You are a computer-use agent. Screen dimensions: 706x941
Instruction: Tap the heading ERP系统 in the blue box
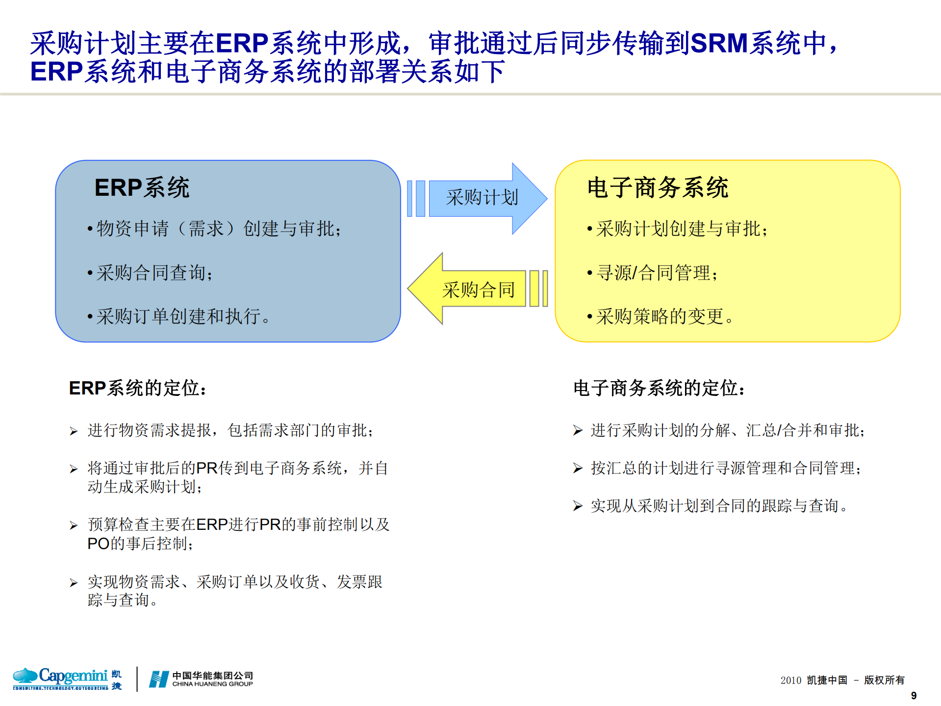142,187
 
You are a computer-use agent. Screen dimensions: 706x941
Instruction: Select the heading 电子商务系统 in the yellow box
658,187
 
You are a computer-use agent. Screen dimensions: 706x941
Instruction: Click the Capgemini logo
67,679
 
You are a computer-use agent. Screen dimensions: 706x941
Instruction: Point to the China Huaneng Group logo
201,679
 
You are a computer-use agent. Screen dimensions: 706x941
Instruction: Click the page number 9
914,695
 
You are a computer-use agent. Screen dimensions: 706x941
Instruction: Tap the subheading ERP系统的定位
138,388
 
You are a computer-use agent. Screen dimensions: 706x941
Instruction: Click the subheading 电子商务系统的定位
660,388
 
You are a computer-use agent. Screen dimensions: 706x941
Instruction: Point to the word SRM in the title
718,43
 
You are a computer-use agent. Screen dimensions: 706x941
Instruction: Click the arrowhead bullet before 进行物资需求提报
74,431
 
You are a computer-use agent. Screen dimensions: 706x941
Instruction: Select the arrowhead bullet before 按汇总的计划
578,469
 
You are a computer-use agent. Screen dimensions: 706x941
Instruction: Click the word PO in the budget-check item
98,544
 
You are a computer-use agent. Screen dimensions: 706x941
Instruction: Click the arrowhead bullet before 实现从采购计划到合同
578,506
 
